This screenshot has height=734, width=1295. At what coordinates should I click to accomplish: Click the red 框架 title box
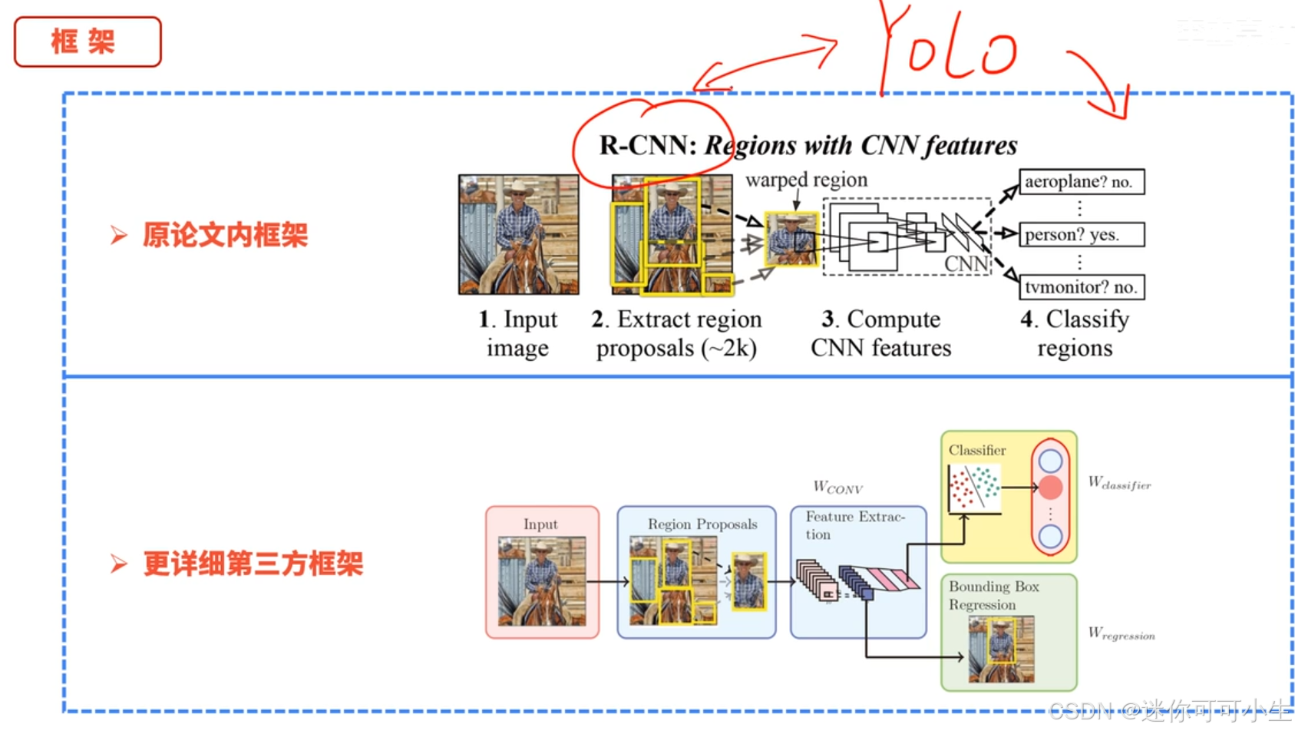(88, 42)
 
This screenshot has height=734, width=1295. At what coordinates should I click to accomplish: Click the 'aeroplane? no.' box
(1081, 182)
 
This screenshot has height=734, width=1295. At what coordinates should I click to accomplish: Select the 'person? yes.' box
(1081, 234)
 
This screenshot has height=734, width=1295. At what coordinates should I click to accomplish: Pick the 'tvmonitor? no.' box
(1081, 287)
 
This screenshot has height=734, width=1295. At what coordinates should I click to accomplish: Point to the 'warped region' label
(806, 180)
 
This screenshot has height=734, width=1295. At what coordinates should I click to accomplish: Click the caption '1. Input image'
(518, 333)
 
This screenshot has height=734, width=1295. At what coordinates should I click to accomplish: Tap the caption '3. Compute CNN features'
(880, 333)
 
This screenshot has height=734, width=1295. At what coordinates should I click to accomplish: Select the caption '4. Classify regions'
(1075, 333)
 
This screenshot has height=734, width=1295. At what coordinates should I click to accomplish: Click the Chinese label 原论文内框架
(225, 235)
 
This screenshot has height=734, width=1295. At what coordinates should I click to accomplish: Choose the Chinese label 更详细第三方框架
(253, 564)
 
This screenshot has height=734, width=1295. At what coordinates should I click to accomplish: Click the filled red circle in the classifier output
(1050, 487)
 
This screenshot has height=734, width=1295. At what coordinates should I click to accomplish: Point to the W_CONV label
(837, 488)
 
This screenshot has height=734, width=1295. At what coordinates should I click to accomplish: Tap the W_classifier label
(1119, 483)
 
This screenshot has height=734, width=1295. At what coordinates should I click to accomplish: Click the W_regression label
(1121, 633)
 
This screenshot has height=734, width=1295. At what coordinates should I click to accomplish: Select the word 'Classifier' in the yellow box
(976, 451)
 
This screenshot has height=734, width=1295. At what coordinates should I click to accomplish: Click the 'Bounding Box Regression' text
(993, 596)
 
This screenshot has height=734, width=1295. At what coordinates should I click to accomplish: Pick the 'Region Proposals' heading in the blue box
(702, 524)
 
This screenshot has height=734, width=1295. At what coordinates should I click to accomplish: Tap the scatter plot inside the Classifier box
(974, 488)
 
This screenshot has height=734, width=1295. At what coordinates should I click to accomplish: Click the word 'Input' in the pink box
(540, 524)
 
